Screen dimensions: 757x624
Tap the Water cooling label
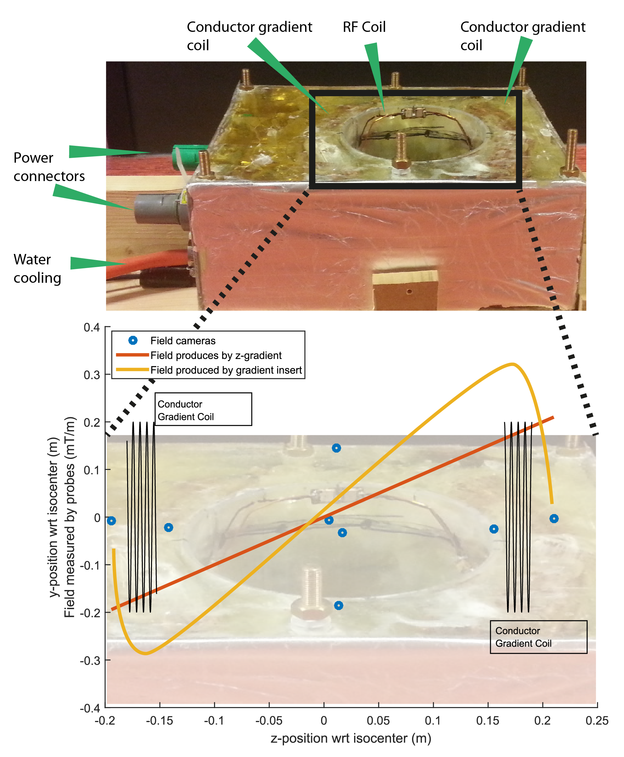[37, 268]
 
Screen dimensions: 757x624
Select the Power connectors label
[49, 167]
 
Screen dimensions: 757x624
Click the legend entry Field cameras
[183, 340]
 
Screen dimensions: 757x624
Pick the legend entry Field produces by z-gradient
[216, 355]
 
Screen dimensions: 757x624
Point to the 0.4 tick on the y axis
[92, 327]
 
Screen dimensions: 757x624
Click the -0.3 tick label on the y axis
[90, 660]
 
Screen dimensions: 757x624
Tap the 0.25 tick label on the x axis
[597, 720]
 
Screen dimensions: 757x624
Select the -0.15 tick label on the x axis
[159, 720]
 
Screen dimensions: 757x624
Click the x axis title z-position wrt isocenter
[350, 738]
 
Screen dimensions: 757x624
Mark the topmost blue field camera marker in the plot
[336, 448]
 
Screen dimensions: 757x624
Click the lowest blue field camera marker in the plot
[338, 606]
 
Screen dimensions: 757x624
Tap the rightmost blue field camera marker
[554, 518]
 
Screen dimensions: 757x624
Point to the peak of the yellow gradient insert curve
[512, 364]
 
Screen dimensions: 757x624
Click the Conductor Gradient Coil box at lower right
[538, 637]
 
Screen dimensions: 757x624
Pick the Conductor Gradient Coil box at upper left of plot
[203, 409]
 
